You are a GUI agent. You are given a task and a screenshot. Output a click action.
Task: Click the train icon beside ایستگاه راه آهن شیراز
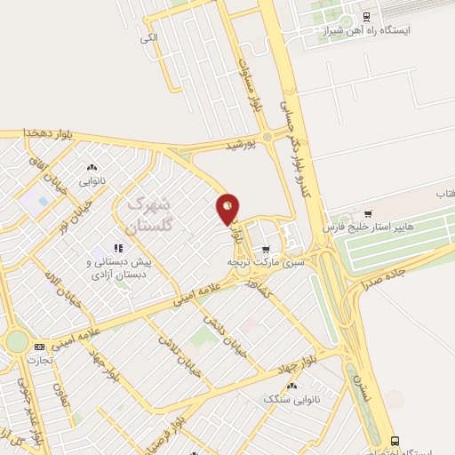click(367, 17)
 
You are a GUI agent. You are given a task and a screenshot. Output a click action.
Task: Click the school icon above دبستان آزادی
click(117, 248)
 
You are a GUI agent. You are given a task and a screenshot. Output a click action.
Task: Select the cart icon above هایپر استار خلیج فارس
click(368, 213)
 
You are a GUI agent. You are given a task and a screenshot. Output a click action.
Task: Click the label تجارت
click(41, 360)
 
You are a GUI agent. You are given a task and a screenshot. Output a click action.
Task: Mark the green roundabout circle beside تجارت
click(17, 341)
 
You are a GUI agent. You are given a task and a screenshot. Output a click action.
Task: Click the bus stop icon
click(394, 441)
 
